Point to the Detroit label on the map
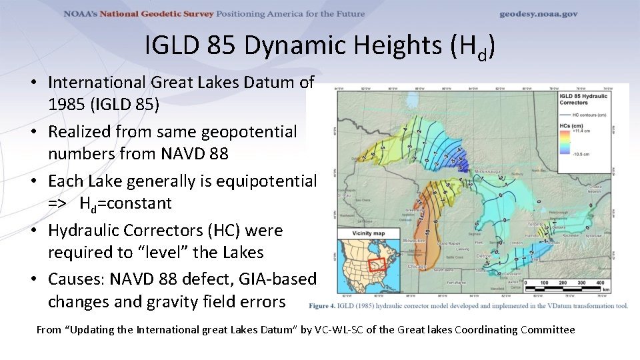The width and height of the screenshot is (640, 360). pyautogui.click(x=484, y=255)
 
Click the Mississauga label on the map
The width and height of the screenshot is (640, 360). pyautogui.click(x=488, y=171)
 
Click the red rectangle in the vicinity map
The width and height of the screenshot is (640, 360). pyautogui.click(x=377, y=266)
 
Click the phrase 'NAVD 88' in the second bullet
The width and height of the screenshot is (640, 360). pyautogui.click(x=195, y=154)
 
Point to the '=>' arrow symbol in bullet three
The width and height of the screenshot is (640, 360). pyautogui.click(x=57, y=203)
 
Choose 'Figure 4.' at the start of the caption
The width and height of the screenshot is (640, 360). pyautogui.click(x=324, y=306)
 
